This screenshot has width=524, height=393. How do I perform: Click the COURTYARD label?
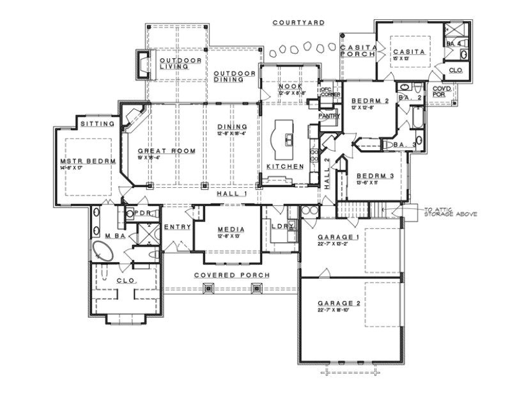(298, 22)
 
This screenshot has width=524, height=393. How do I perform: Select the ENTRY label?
(175, 227)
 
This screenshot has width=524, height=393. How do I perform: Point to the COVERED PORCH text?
(232, 275)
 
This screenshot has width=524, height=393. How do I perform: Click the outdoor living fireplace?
(141, 62)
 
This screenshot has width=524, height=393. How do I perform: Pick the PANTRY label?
(330, 116)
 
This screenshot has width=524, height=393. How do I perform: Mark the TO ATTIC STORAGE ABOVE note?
(450, 212)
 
